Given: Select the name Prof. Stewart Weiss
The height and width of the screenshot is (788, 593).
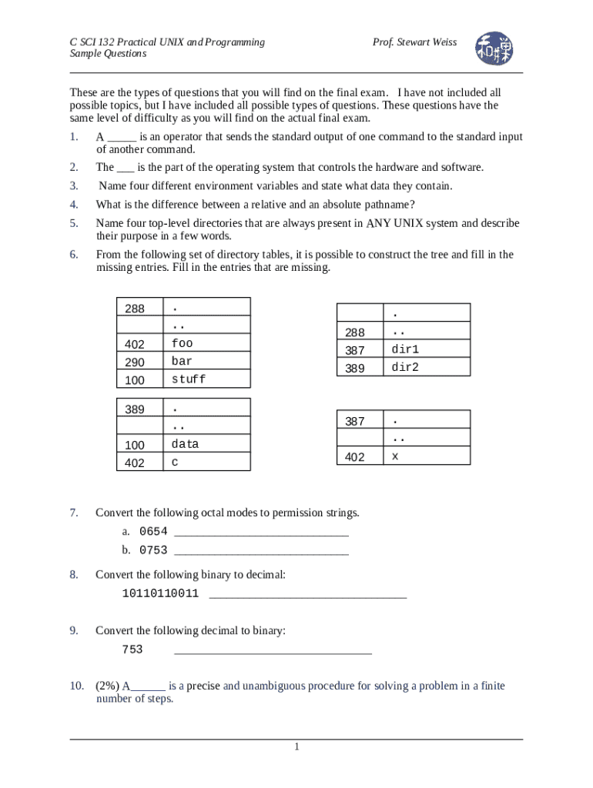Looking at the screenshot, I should (414, 42).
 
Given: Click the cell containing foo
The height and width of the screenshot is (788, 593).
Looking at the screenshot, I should (206, 343).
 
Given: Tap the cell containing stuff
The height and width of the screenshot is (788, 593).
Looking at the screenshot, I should (206, 379).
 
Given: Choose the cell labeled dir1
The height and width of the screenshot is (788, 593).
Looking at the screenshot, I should (427, 349).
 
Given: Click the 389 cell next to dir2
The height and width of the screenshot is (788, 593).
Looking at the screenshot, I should (360, 367).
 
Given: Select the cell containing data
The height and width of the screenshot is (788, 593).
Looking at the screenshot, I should (206, 444).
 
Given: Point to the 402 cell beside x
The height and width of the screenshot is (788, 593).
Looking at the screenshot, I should (360, 456).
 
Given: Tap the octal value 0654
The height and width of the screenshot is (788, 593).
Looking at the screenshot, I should (152, 532).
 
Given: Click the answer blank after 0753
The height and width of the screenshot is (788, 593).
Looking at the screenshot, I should (261, 551).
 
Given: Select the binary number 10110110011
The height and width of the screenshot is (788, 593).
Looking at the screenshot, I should (160, 594).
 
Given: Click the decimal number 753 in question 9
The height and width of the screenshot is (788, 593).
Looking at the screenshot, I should (132, 650).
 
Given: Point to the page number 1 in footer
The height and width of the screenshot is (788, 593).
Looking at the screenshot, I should (296, 747).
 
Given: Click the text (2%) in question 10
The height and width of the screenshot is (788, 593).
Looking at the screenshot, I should (108, 686).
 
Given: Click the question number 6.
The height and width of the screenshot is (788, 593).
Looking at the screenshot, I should (74, 255).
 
